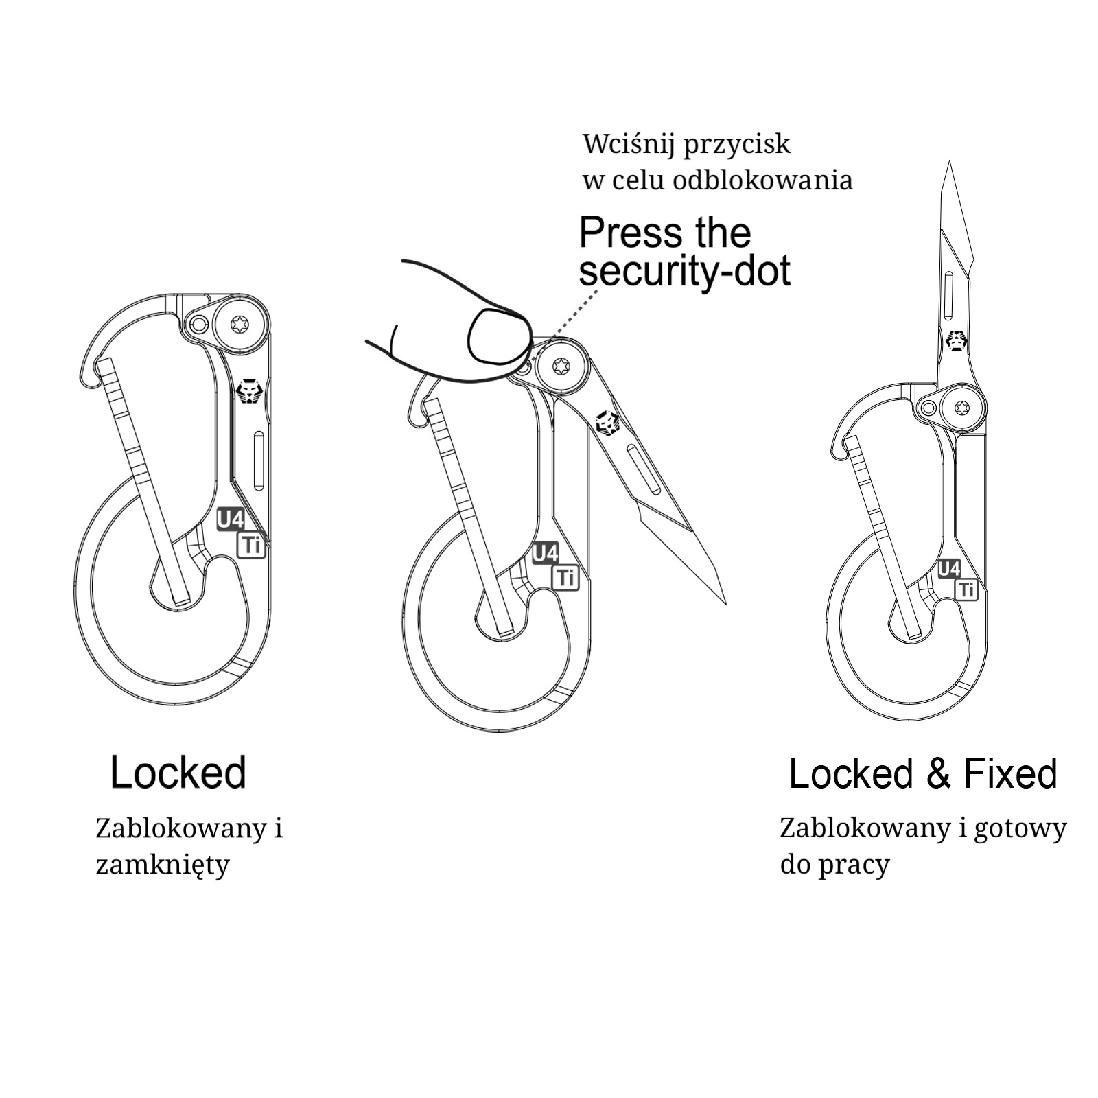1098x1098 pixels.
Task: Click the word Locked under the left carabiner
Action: click(x=178, y=772)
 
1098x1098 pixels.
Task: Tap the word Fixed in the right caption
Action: click(x=1010, y=773)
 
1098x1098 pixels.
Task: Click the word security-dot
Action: click(x=684, y=270)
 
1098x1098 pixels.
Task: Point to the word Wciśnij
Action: click(x=628, y=144)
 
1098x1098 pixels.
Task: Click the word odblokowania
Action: click(x=762, y=180)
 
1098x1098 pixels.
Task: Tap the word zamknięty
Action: click(x=162, y=865)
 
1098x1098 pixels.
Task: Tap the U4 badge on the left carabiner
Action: click(x=230, y=519)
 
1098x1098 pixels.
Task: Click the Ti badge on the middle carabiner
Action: click(x=565, y=578)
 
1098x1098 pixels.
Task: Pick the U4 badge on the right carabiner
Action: click(x=948, y=569)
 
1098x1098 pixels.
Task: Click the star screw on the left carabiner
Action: click(x=240, y=324)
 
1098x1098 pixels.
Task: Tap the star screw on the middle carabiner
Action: click(x=562, y=367)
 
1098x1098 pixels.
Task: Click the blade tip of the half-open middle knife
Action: click(x=724, y=602)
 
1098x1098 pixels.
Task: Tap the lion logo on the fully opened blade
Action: click(x=956, y=340)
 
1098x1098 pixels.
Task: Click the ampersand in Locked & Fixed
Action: click(x=938, y=773)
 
